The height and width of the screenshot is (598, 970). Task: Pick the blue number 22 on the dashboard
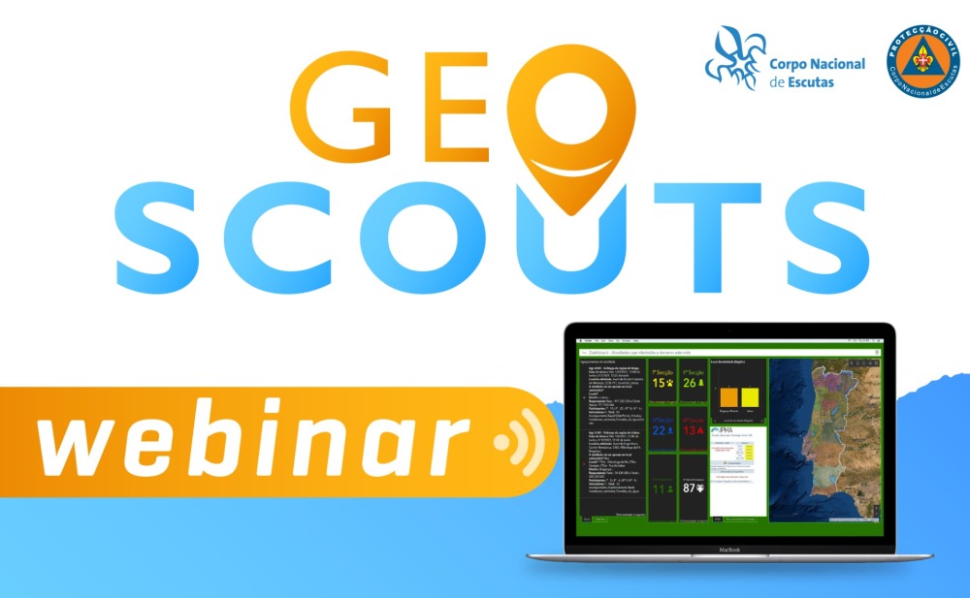[x=659, y=430]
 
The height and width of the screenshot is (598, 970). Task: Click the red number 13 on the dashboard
[x=688, y=430]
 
